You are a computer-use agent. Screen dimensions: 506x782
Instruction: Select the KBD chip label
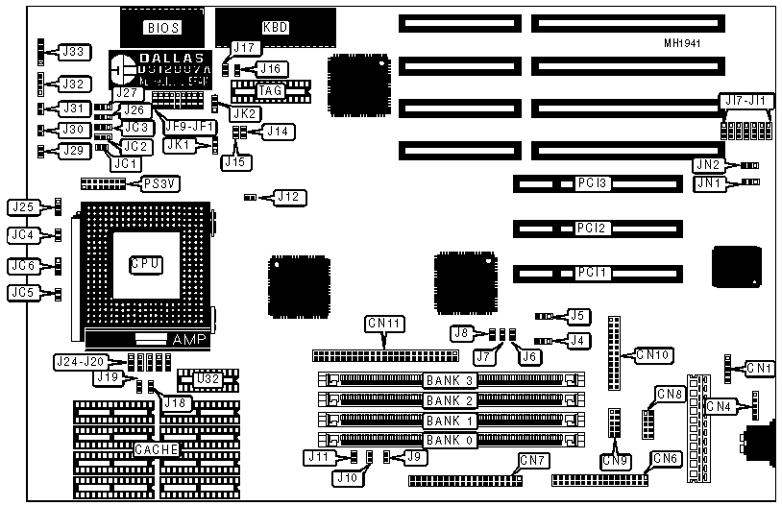[x=275, y=28]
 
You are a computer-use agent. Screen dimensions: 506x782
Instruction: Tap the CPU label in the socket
[x=145, y=263]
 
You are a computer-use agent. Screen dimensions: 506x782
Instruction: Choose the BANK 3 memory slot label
[x=451, y=380]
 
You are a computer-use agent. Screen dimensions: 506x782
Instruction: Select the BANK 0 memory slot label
[x=451, y=441]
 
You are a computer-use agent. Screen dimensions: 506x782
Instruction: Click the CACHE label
[x=154, y=449]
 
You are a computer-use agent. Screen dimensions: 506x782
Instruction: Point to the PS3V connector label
[x=160, y=182]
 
